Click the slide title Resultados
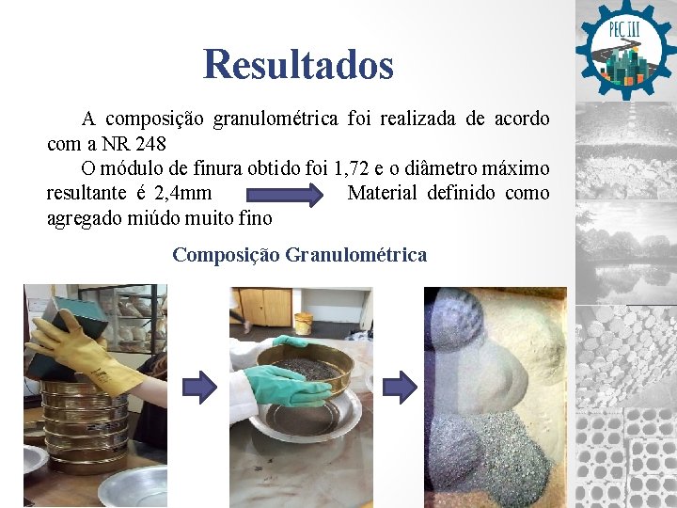[298, 65]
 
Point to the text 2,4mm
[181, 194]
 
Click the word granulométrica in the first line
[276, 119]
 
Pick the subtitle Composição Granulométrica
[299, 254]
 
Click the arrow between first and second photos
[199, 385]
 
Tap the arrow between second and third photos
[400, 385]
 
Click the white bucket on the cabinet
[303, 322]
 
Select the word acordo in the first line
[522, 119]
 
